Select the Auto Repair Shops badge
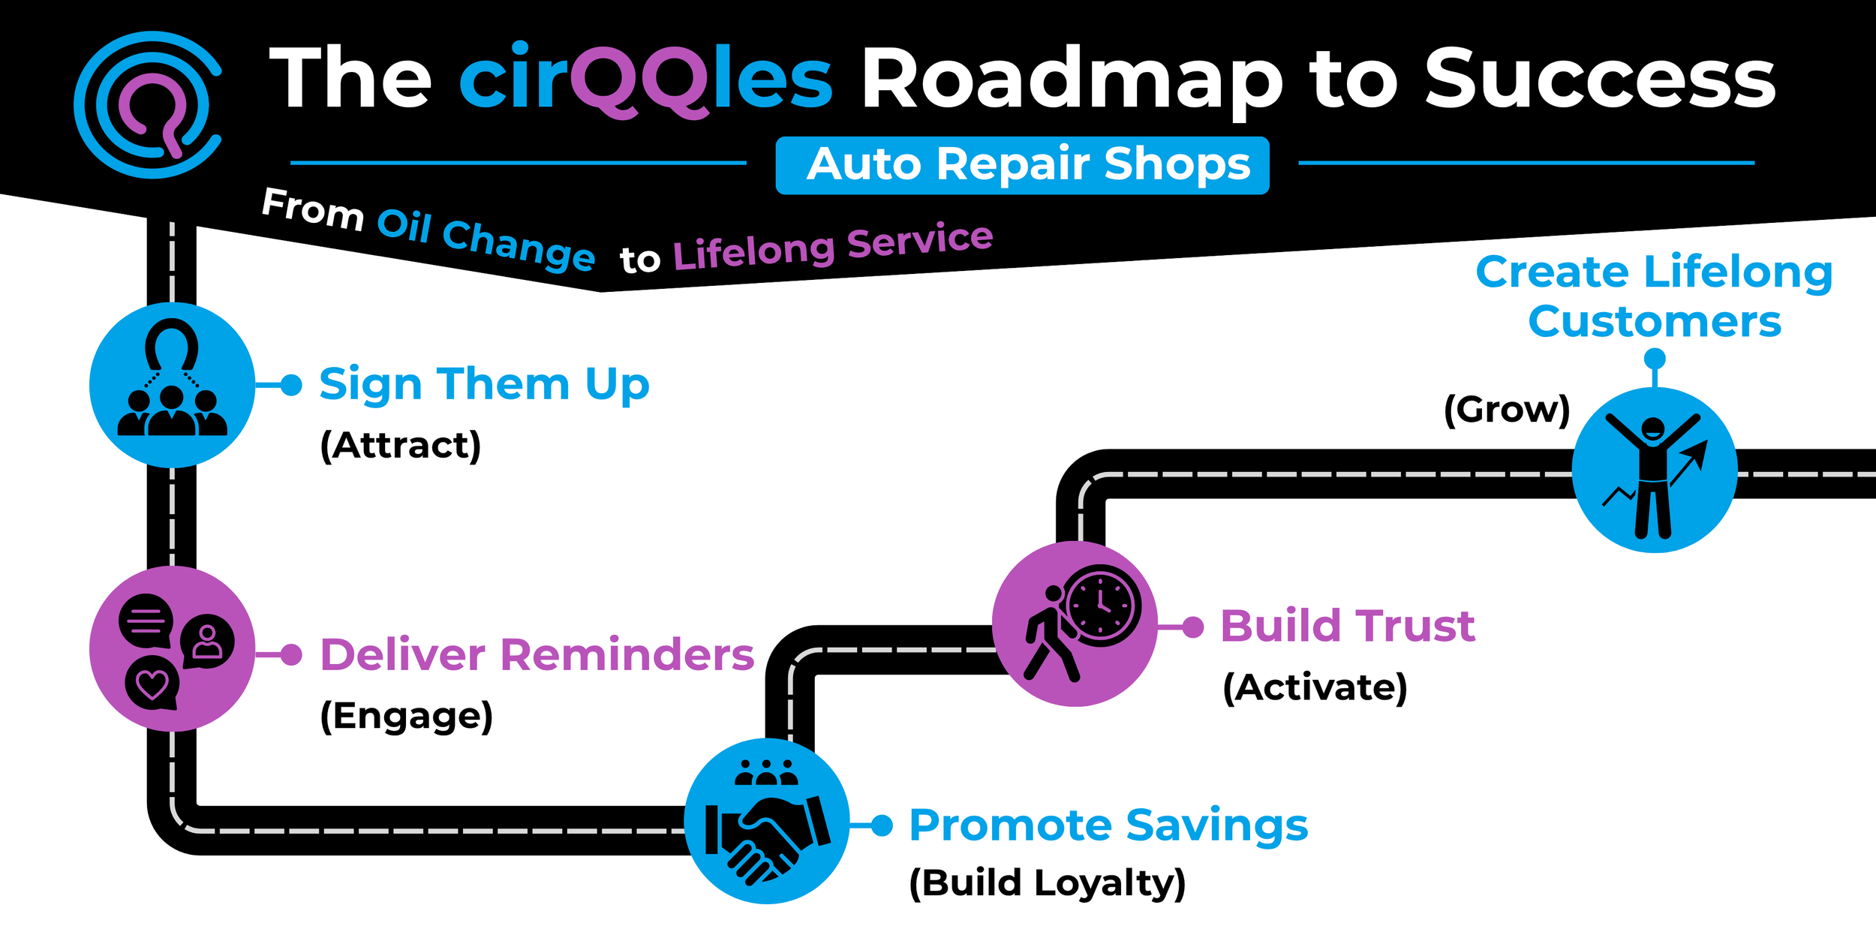click(x=1022, y=165)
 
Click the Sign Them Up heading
click(x=484, y=384)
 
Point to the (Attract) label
click(x=400, y=445)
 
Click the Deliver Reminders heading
click(x=537, y=654)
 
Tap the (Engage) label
click(x=406, y=716)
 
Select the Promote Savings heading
click(x=1108, y=825)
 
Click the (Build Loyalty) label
click(x=1047, y=882)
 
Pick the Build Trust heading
click(x=1348, y=626)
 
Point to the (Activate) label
click(x=1315, y=687)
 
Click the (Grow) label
click(x=1507, y=410)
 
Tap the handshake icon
click(x=767, y=836)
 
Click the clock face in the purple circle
click(x=1101, y=605)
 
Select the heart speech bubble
click(x=152, y=684)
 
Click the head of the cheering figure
click(x=1653, y=429)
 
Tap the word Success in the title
click(x=1600, y=80)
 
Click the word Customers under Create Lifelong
click(x=1654, y=322)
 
